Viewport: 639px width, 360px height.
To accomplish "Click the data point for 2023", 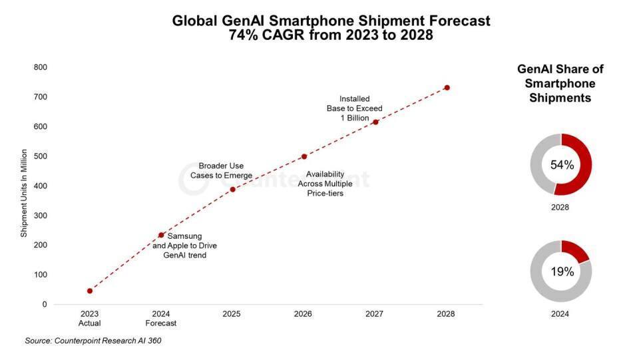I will coord(90,291).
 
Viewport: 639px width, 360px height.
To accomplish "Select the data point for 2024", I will coord(161,235).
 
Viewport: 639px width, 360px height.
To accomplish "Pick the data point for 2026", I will coord(304,156).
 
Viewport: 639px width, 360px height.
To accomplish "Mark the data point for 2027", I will coord(375,122).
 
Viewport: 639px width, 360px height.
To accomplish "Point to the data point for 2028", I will coord(447,88).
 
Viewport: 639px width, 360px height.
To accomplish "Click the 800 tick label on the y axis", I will coord(40,67).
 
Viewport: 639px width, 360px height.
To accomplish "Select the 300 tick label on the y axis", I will coord(40,216).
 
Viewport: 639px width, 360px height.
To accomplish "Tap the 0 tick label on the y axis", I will coord(44,305).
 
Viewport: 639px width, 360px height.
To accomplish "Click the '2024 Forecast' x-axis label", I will coord(161,318).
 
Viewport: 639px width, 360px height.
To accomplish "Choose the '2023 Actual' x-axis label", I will coord(90,318).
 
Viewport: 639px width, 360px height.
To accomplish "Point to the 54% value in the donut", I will coord(561,165).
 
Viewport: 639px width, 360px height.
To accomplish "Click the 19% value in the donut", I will coord(561,271).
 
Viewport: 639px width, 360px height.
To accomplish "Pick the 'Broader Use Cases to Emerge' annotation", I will coord(221,170).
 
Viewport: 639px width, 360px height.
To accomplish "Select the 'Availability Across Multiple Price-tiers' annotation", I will coord(325,184).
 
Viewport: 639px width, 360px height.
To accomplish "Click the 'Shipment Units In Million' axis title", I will coord(23,194).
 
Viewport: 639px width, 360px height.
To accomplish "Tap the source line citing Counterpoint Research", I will coord(93,341).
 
